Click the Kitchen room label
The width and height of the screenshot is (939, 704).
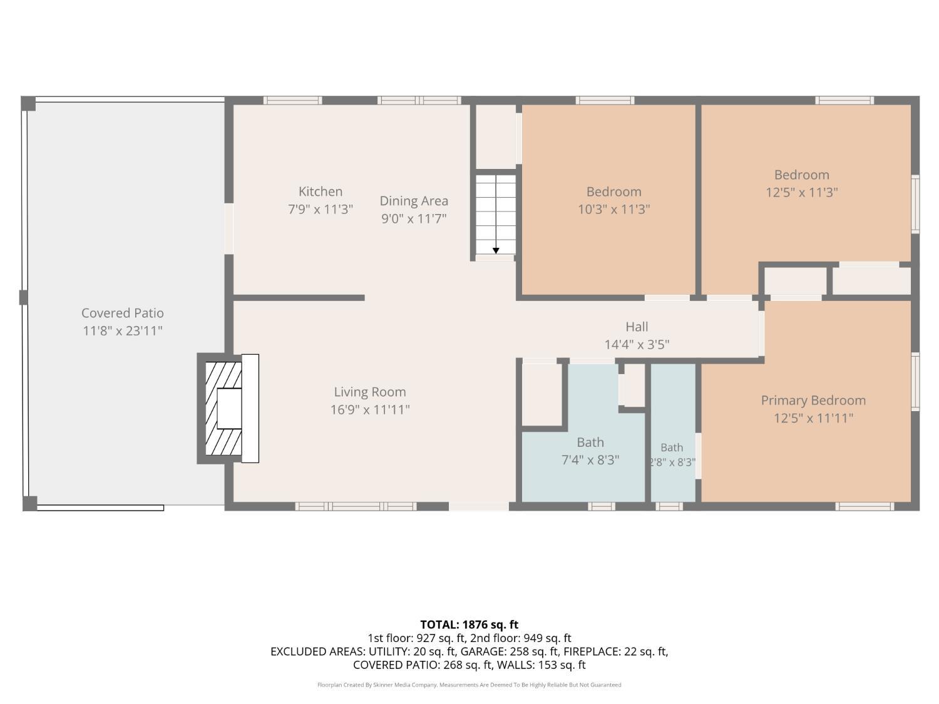point(320,191)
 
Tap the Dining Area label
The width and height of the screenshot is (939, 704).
point(414,201)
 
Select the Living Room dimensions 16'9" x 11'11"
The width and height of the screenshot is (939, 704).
point(370,410)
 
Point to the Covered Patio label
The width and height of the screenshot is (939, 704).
point(122,314)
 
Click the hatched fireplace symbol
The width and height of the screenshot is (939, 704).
point(223,409)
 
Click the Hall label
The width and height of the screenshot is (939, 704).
point(637,327)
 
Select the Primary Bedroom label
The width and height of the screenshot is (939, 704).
point(813,400)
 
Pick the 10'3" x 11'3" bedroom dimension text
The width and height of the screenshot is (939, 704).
point(614,210)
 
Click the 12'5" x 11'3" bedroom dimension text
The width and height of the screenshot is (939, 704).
point(802,192)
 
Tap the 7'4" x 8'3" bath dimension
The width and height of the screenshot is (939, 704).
point(590,460)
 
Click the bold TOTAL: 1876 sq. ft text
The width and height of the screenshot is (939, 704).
point(469,625)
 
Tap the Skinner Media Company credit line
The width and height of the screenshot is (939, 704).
point(469,685)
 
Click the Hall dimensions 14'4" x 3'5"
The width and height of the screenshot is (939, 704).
point(637,345)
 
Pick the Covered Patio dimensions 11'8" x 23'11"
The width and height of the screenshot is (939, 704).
point(122,331)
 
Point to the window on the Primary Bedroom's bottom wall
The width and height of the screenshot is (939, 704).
point(865,506)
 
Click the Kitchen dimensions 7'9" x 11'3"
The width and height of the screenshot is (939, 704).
point(320,210)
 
